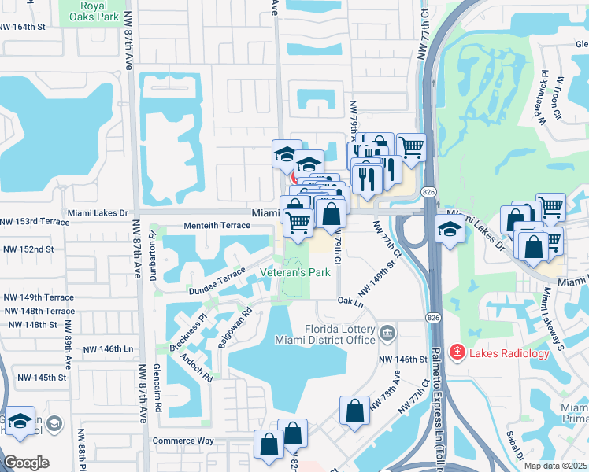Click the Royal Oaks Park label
click(98, 10)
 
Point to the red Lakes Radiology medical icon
click(455, 353)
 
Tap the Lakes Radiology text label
click(508, 353)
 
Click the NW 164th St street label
click(34, 27)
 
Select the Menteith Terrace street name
click(217, 226)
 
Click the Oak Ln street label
click(350, 301)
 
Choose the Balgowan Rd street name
click(236, 323)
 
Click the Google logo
click(26, 462)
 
